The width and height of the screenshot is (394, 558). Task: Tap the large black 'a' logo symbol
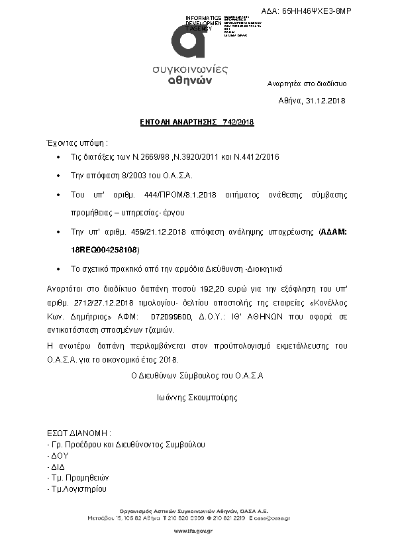tap(187, 44)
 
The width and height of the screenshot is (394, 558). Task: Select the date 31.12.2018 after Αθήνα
tap(326, 101)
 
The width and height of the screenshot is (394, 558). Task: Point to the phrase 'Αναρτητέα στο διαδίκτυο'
tap(307, 84)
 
